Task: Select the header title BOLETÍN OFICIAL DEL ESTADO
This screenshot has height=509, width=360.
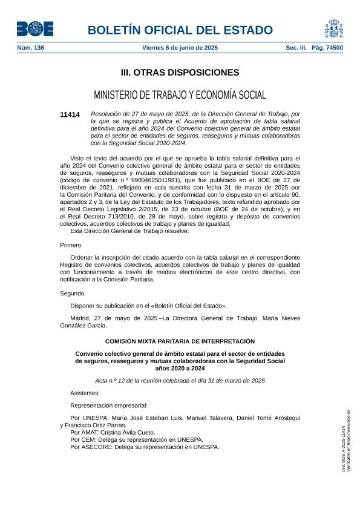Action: click(180, 30)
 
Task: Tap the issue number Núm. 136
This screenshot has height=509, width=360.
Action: click(30, 47)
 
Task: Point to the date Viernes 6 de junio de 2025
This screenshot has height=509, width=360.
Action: click(180, 47)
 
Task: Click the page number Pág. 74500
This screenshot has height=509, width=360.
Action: click(327, 47)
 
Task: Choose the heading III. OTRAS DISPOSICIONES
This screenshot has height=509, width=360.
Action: click(180, 73)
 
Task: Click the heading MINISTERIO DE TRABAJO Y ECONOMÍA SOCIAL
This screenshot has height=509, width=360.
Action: click(180, 95)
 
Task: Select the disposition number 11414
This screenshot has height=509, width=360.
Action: click(70, 115)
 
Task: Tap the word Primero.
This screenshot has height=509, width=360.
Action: click(71, 245)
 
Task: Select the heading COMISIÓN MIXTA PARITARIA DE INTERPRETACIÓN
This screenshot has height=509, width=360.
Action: click(180, 341)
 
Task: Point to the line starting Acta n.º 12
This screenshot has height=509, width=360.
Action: click(180, 381)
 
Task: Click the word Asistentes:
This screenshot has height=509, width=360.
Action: click(85, 393)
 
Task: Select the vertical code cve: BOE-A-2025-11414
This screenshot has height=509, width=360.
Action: click(344, 448)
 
